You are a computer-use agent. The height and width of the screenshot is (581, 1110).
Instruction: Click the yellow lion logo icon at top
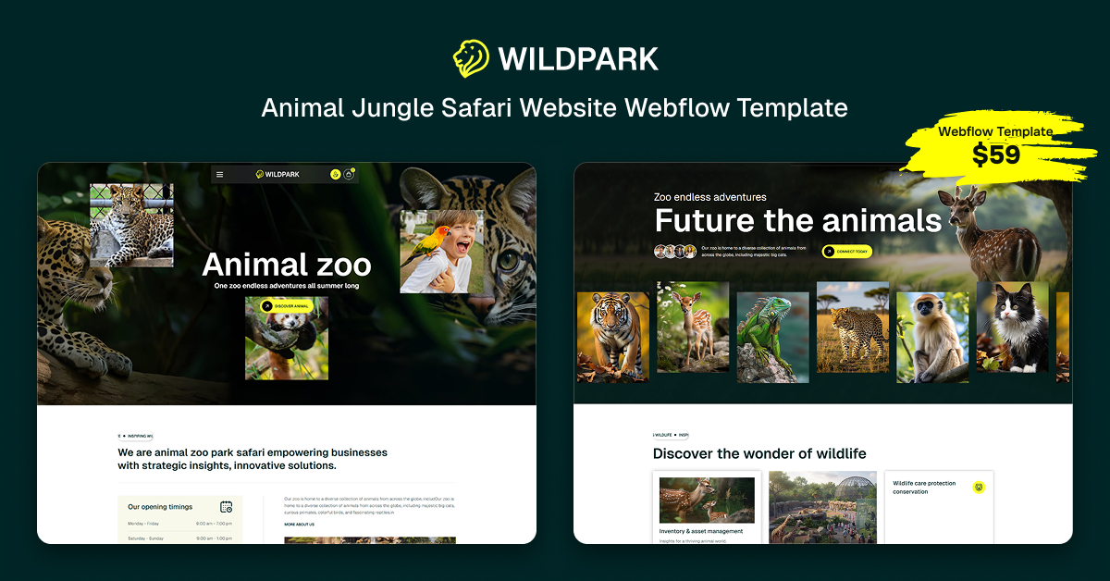(471, 58)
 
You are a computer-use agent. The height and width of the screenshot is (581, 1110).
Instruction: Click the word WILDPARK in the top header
(578, 59)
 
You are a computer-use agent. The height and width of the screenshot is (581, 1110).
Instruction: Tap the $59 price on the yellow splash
(995, 155)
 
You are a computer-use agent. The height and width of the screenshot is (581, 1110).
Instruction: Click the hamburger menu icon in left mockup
(219, 174)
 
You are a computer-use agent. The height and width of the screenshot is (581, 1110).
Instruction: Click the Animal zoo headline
(287, 266)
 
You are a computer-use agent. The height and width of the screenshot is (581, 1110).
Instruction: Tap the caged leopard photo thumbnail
(131, 225)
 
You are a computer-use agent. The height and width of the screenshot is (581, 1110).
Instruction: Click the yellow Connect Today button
(846, 252)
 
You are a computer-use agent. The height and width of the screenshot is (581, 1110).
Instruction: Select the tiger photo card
(612, 337)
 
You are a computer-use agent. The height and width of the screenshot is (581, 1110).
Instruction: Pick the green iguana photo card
(772, 337)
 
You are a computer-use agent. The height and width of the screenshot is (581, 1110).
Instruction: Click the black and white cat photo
(1012, 328)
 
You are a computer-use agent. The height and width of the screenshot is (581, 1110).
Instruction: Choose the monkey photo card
(931, 337)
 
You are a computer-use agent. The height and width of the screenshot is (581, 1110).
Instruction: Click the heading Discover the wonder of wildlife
(759, 453)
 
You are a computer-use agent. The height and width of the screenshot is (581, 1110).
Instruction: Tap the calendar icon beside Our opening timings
(226, 507)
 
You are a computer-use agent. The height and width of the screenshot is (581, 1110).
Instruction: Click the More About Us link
(299, 525)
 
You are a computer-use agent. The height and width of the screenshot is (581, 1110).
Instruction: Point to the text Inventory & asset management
(700, 531)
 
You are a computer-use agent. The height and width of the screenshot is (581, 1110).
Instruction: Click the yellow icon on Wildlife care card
(979, 488)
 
